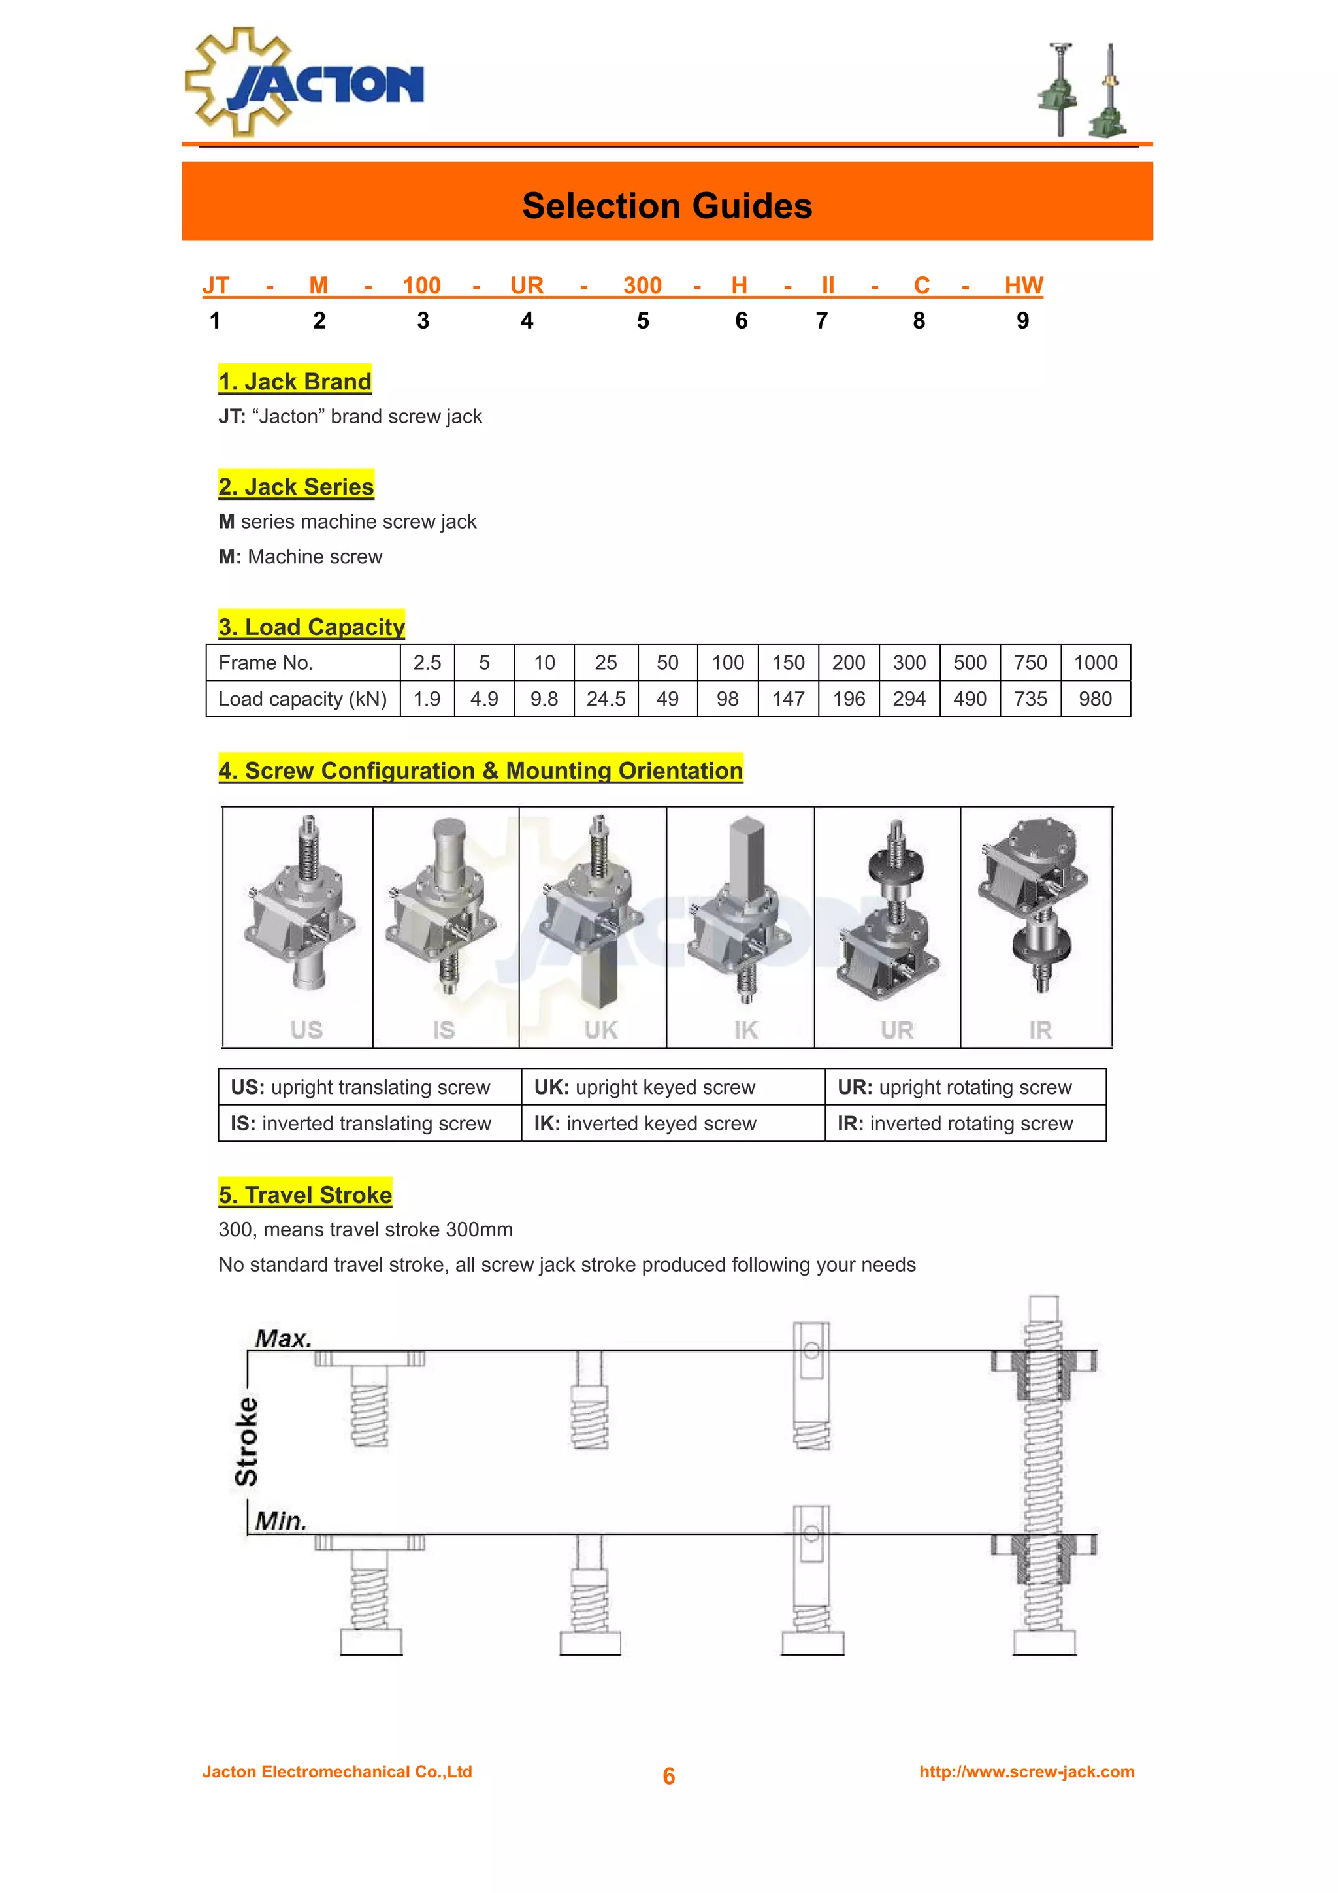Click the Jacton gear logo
click(303, 82)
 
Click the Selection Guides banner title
click(667, 205)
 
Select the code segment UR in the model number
click(527, 286)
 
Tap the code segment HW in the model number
click(1023, 286)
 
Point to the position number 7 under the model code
click(822, 321)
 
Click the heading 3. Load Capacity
click(312, 627)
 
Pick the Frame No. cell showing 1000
click(1095, 663)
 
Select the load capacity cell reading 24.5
click(606, 699)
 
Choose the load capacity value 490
click(970, 699)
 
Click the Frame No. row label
click(265, 663)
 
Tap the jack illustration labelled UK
click(593, 915)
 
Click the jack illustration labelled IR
click(1036, 907)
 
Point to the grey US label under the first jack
click(306, 1030)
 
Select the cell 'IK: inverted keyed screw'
click(645, 1123)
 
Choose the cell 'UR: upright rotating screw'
click(955, 1087)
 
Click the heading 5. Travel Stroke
click(305, 1194)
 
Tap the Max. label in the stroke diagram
click(283, 1338)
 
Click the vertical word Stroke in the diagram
click(246, 1441)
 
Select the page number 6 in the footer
click(668, 1776)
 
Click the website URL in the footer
click(1026, 1772)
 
